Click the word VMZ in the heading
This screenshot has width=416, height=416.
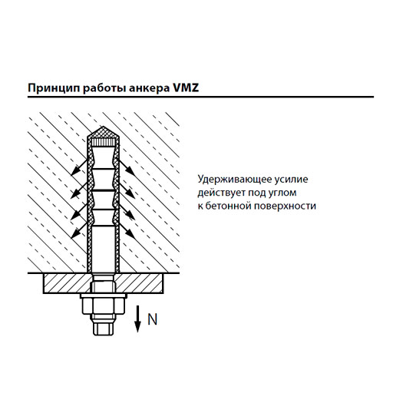(x=186, y=87)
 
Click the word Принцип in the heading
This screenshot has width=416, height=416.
(x=54, y=88)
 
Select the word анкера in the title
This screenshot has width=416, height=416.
(x=150, y=89)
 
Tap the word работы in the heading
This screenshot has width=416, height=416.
(x=104, y=88)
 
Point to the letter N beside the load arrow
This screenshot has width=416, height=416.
(x=153, y=319)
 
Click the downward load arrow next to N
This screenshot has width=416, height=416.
(x=137, y=319)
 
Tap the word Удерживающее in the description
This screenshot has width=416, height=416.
(x=235, y=180)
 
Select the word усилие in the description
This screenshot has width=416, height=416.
(x=291, y=180)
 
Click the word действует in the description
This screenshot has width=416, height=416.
(x=222, y=193)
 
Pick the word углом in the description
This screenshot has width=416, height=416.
(x=283, y=193)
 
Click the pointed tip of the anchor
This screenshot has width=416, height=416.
(x=103, y=127)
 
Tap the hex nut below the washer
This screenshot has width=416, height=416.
(x=103, y=307)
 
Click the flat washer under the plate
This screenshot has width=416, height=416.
(x=104, y=296)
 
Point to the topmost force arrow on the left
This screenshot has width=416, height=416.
(x=79, y=167)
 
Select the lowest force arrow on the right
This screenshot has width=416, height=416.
(x=127, y=229)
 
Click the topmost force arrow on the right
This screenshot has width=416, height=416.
(x=127, y=167)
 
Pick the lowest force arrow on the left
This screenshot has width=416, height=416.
(x=79, y=229)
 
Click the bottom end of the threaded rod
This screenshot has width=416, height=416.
(x=104, y=335)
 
